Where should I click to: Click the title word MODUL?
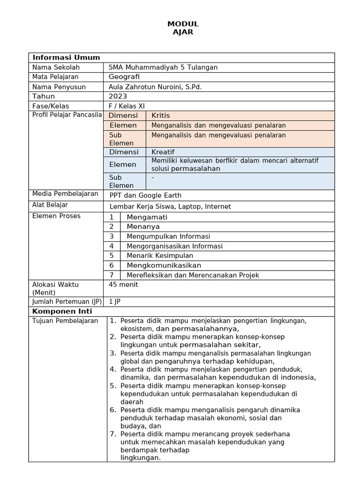pos(183,24)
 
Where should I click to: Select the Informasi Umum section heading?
pos(66,58)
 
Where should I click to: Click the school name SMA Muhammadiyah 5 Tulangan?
pos(163,67)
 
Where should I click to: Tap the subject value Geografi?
pos(124,77)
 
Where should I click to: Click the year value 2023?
pos(118,96)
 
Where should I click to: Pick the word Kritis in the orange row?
pos(161,115)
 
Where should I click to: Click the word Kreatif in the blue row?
pos(163,152)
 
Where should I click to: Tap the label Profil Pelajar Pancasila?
pos(67,115)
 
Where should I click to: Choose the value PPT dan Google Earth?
pos(145,195)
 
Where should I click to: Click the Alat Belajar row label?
pos(50,205)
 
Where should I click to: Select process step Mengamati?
pos(147,217)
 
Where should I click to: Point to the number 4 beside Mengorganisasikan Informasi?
pos(112,246)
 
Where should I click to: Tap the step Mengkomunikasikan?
pos(161,265)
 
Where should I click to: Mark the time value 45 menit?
pos(123,285)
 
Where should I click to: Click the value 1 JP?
pos(115,301)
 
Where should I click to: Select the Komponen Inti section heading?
pos(62,311)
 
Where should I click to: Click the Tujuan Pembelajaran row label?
pos(65,321)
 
